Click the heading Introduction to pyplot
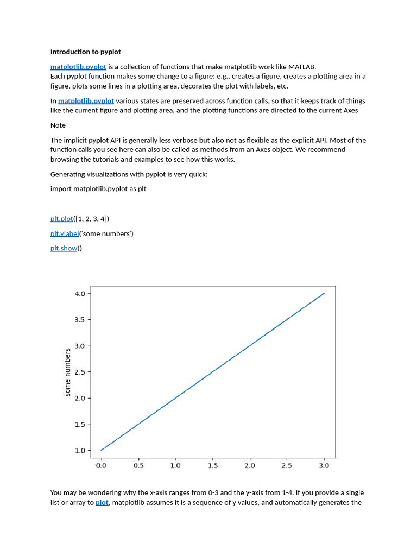[85, 52]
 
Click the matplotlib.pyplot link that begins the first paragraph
[78, 67]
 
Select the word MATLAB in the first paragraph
[302, 67]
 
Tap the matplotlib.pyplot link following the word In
[86, 101]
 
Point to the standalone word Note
[58, 125]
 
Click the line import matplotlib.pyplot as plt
[98, 189]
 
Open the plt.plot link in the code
[61, 219]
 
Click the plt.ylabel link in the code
[65, 234]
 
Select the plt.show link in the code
[64, 249]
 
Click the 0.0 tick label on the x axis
[101, 466]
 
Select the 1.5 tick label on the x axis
[213, 466]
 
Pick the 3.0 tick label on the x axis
[324, 466]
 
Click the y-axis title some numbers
[68, 372]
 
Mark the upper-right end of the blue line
[324, 293]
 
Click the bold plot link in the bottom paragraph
[102, 503]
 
